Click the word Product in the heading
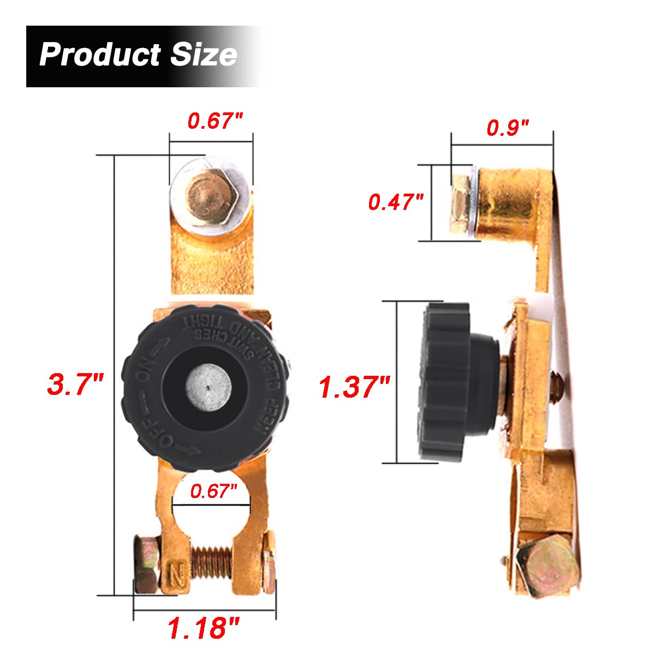[x=99, y=55]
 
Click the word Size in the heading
[x=204, y=55]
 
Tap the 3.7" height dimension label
[x=75, y=383]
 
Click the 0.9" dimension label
[x=508, y=128]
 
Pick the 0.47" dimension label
[x=396, y=202]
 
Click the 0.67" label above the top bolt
[x=215, y=121]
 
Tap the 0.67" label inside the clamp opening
[x=213, y=491]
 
